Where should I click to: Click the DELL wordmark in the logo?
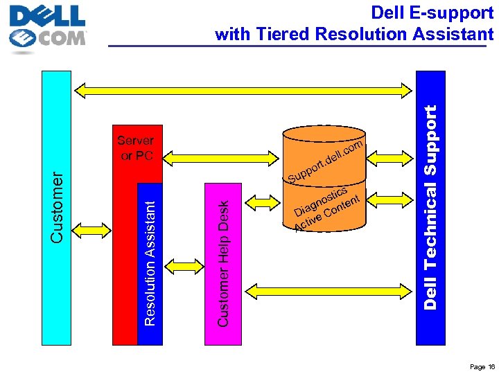[47, 15]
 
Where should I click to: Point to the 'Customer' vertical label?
[57, 208]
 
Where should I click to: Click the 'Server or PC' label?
[137, 148]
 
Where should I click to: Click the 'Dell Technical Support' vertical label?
[430, 208]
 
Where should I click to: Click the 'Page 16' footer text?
[481, 366]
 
